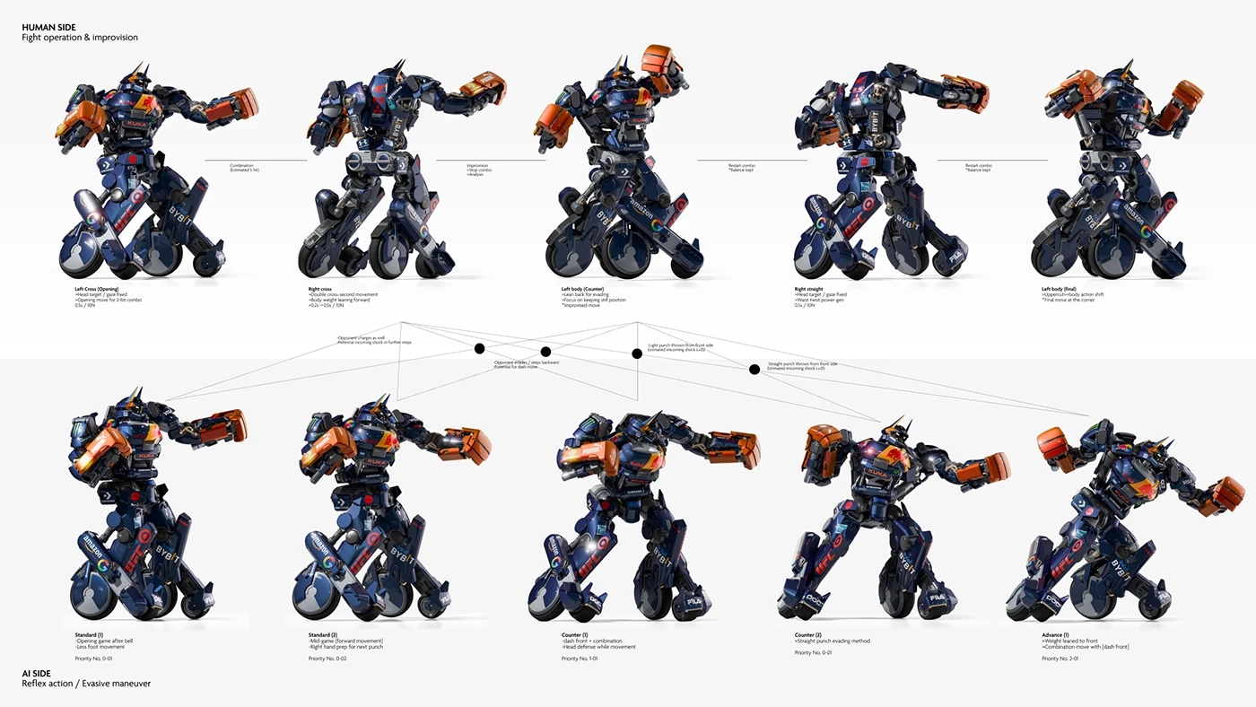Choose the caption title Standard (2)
pos(323,634)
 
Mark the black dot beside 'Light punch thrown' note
pos(637,353)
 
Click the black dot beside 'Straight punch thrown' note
pos(754,369)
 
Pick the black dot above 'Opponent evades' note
pos(545,352)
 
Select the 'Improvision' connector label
pos(477,166)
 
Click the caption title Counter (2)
pos(808,634)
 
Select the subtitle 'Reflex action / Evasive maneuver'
pos(86,684)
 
